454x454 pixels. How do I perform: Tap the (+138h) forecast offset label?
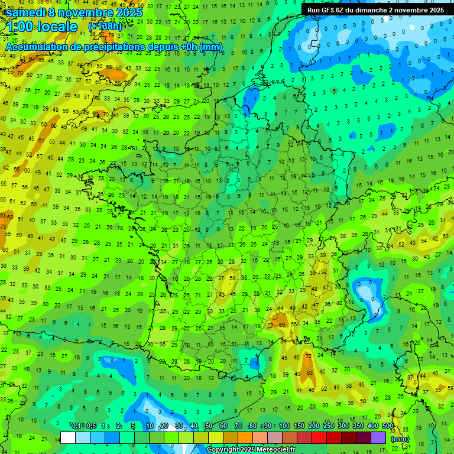click(105, 27)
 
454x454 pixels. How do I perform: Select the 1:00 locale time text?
click(41, 27)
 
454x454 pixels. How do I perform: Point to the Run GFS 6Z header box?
click(376, 10)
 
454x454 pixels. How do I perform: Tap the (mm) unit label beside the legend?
click(400, 439)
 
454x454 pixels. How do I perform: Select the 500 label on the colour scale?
click(388, 426)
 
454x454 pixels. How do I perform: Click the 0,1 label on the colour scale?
click(76, 426)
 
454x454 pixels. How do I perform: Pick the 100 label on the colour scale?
click(284, 426)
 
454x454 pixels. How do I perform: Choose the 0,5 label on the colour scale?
click(91, 426)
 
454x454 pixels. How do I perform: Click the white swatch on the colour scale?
click(68, 438)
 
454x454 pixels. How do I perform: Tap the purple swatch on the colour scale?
click(378, 438)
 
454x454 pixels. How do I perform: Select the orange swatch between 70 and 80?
click(245, 438)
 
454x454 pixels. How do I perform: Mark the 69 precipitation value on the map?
click(282, 324)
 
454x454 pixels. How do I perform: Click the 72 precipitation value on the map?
click(308, 356)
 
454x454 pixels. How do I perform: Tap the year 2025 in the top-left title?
click(129, 12)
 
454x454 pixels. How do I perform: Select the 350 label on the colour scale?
click(358, 426)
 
